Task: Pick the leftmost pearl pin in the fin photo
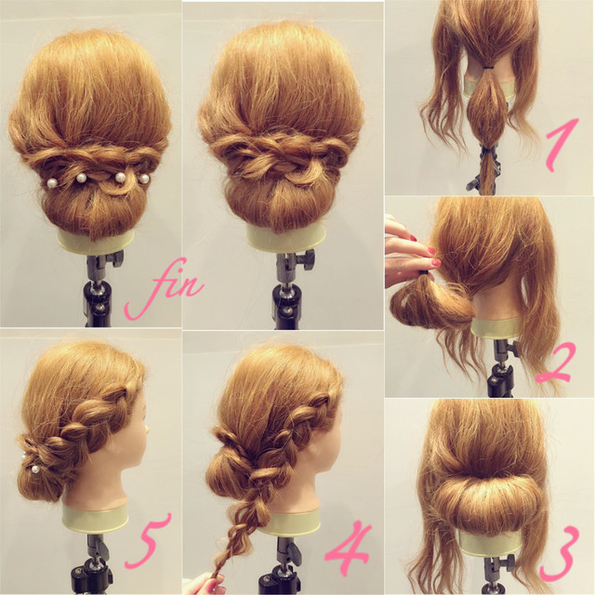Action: point(52,183)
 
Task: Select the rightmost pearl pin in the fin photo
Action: point(144,178)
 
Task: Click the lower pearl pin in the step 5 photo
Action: point(35,469)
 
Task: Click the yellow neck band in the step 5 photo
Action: point(96,518)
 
